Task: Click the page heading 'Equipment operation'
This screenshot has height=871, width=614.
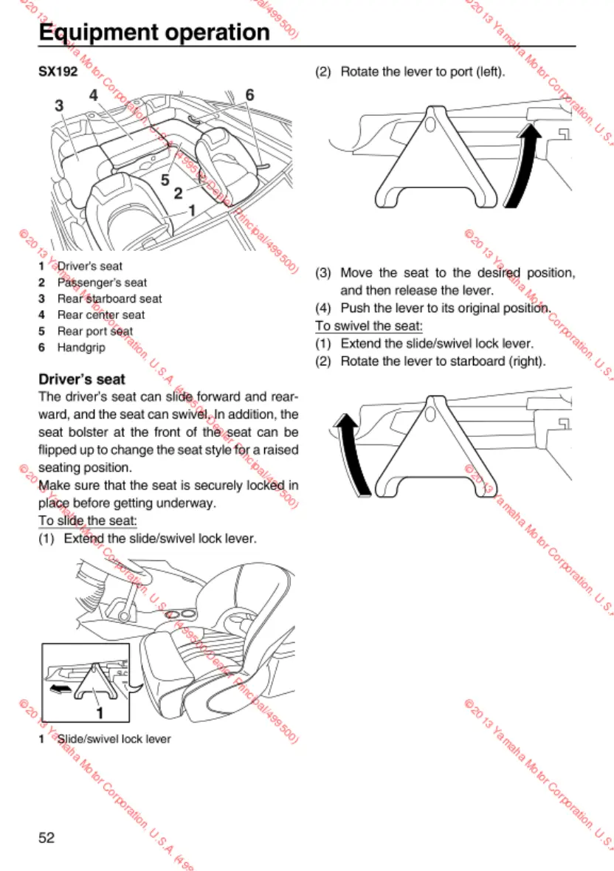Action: (x=154, y=32)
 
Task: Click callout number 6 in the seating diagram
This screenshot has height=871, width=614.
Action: (x=249, y=94)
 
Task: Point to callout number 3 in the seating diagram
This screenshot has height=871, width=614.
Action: (x=59, y=106)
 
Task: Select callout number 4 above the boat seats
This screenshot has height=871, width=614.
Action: (x=94, y=94)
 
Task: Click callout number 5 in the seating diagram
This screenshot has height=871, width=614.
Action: (x=165, y=179)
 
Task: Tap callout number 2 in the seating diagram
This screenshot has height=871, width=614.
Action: (x=178, y=194)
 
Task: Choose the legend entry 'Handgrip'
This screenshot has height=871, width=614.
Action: (x=81, y=347)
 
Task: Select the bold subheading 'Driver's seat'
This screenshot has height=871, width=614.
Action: (x=82, y=379)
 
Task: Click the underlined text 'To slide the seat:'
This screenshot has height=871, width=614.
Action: (x=87, y=521)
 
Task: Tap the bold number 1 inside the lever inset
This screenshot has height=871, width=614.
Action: (x=99, y=713)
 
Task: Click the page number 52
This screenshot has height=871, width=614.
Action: (x=47, y=838)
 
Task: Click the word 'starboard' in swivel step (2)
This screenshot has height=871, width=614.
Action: (x=477, y=362)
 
